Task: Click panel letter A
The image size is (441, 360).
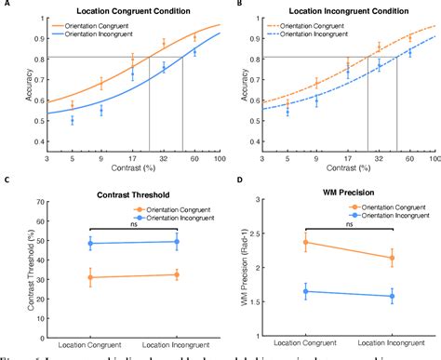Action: point(6,5)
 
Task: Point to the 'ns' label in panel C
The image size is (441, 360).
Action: point(134,222)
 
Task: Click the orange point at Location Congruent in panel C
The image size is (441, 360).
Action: point(90,277)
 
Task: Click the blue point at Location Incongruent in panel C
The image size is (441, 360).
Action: point(177,242)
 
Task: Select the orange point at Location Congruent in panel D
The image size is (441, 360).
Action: point(305,243)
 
